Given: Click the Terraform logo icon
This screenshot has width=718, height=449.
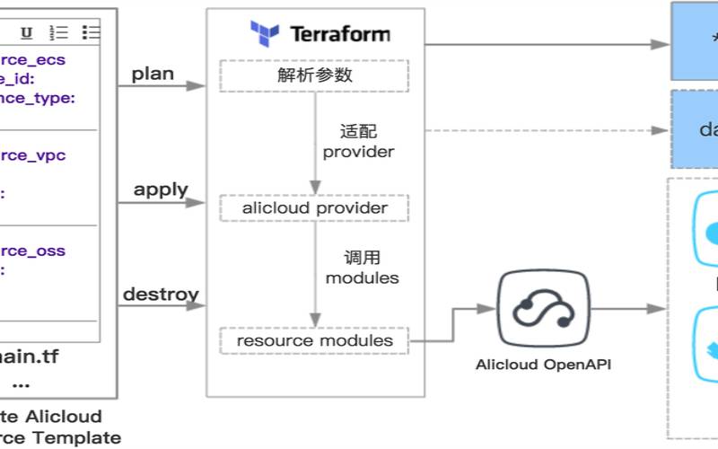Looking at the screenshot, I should [266, 34].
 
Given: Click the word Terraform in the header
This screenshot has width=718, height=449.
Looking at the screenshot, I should [340, 35].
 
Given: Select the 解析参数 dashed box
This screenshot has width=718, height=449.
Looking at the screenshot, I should [314, 75].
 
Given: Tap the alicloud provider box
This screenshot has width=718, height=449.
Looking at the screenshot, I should [314, 208].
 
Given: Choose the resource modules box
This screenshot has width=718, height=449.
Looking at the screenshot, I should [314, 341].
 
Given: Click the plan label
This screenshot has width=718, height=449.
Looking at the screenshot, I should [153, 74].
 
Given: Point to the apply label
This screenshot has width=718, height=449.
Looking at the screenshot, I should [161, 189].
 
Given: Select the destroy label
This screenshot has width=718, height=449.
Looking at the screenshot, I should [161, 294].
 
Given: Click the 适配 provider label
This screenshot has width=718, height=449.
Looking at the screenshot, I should [358, 141].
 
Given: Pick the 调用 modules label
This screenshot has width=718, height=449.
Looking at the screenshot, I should [361, 268].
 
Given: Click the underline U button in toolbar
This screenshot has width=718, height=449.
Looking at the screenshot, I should [27, 32].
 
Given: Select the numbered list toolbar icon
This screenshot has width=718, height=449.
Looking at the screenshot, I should [58, 32].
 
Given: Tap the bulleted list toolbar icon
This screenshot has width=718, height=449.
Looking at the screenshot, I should [91, 32].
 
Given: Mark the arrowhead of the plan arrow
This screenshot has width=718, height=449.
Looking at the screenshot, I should [199, 87].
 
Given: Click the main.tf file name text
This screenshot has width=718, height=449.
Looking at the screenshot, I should [29, 357].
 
